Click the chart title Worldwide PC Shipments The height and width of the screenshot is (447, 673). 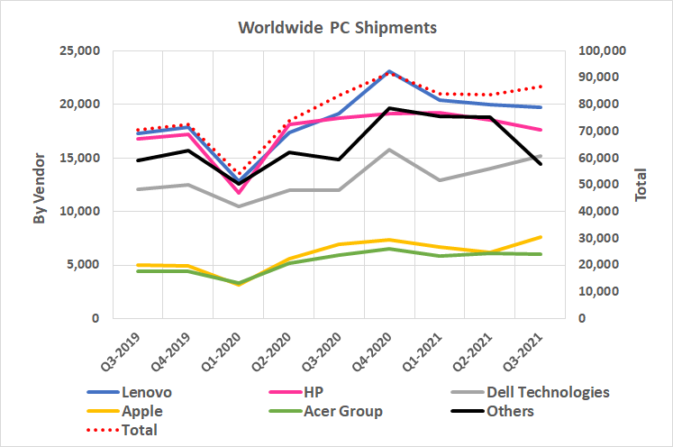click(337, 28)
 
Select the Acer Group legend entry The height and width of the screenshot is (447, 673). click(342, 412)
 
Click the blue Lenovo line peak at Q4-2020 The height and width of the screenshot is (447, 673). click(388, 71)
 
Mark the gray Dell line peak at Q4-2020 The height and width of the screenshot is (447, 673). click(388, 150)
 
